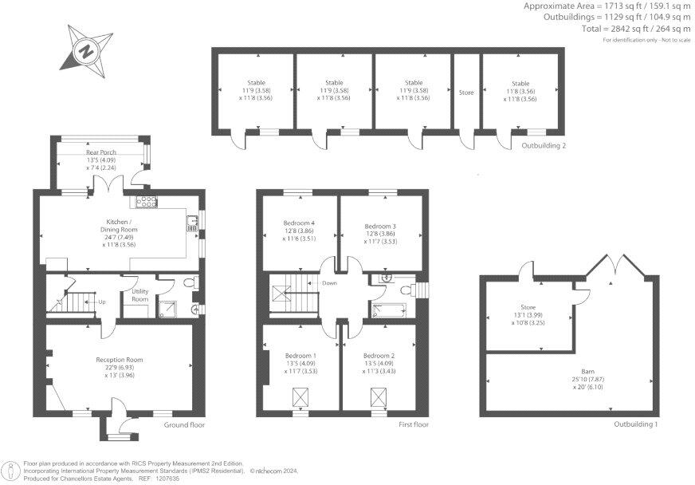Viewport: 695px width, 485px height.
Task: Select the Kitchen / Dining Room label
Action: pyautogui.click(x=118, y=225)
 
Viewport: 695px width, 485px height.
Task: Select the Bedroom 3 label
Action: pyautogui.click(x=380, y=227)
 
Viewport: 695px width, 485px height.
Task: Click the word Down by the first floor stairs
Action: pyautogui.click(x=329, y=283)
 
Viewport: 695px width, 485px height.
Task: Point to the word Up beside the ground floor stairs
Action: pyautogui.click(x=102, y=302)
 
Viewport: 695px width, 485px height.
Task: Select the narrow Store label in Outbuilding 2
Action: pyautogui.click(x=466, y=93)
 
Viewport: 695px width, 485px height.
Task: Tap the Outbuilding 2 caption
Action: pyautogui.click(x=544, y=146)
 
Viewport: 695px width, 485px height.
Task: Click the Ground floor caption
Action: pyautogui.click(x=184, y=425)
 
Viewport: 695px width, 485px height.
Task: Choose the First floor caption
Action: pyautogui.click(x=414, y=425)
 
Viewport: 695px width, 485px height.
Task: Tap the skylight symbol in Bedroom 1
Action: pyautogui.click(x=301, y=396)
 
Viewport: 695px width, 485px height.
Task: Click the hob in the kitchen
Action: pyautogui.click(x=147, y=200)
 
